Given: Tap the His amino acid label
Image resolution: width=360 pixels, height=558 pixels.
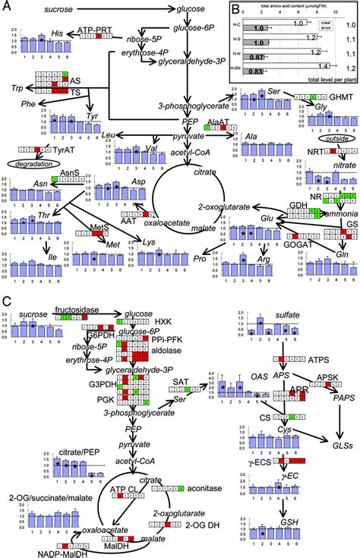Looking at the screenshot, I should point(56,34).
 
